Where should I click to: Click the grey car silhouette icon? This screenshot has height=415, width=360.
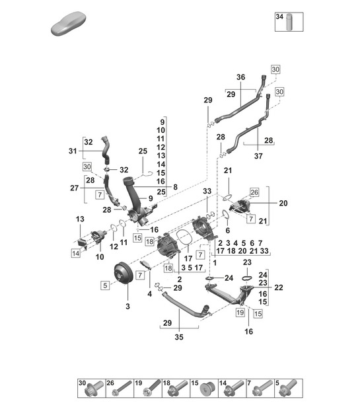69,23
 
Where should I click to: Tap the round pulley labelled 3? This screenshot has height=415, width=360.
121,274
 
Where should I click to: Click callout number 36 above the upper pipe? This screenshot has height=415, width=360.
240,77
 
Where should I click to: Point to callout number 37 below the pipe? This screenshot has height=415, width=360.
258,156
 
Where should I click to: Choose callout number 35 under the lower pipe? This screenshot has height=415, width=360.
179,337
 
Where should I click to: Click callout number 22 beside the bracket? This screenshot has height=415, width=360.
279,287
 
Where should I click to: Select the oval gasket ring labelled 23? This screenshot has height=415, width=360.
247,278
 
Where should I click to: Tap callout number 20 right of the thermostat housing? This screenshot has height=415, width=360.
283,204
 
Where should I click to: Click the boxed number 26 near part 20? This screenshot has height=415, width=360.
254,192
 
